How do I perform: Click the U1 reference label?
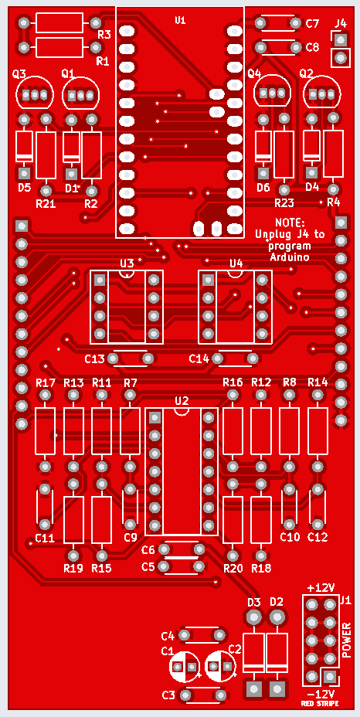[x=180, y=20]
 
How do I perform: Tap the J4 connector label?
[x=340, y=23]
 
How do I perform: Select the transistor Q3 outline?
[x=34, y=93]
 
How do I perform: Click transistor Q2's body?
[x=322, y=93]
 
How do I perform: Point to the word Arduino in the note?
[x=289, y=257]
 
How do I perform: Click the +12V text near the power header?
[x=321, y=588]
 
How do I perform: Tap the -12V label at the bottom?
[x=320, y=692]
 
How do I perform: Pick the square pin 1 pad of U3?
[x=99, y=280]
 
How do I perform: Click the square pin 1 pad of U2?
[x=155, y=417]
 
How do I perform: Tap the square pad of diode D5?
[x=24, y=173]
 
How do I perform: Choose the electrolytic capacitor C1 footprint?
[x=185, y=667]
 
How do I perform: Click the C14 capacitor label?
[x=199, y=359]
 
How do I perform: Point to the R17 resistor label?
[x=46, y=382]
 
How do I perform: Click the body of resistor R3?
[x=59, y=22]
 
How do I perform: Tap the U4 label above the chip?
[x=236, y=263]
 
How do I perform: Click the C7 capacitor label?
[x=313, y=24]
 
